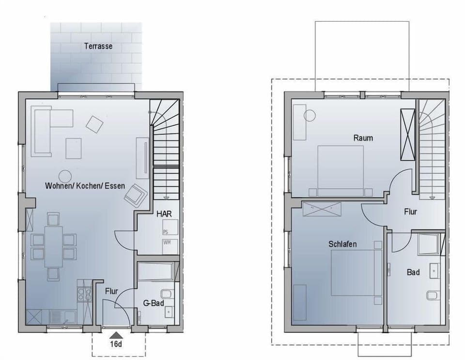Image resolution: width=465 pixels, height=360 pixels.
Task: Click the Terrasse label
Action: point(98,46)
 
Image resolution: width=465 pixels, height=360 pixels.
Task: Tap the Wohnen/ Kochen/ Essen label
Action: point(85,186)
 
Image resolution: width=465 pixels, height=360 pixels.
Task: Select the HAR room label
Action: point(164,213)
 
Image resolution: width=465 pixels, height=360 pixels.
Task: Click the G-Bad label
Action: point(153,303)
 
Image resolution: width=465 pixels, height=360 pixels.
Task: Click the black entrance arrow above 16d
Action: point(115,334)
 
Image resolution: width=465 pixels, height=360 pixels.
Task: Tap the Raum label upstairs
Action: point(363,138)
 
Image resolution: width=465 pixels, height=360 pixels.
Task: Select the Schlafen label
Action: point(342,244)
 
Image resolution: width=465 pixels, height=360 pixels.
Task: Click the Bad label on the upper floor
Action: point(413,272)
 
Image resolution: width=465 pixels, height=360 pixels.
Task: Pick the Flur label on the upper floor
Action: point(411,211)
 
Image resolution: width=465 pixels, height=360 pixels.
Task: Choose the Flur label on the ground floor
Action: point(112,291)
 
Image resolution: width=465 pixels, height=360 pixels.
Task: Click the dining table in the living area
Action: point(53,246)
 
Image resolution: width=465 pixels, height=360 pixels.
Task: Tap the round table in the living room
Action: point(65,176)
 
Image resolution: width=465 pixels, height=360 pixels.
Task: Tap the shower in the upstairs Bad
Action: point(429,243)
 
